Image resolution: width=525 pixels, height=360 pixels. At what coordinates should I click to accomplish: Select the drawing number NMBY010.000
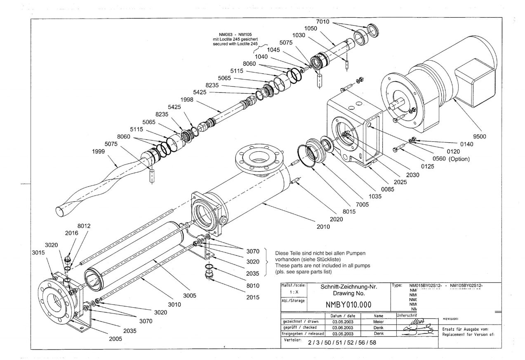click(348, 305)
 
